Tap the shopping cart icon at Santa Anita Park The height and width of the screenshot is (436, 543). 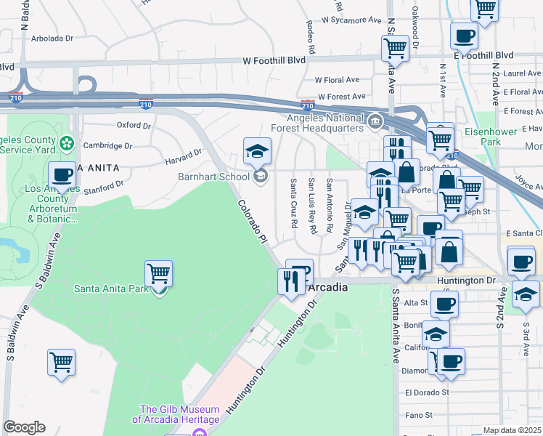[x=158, y=275]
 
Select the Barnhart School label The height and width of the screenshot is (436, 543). [x=214, y=177]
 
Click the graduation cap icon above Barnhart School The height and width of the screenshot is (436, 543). [x=256, y=152]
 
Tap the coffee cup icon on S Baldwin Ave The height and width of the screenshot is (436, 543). [x=62, y=175]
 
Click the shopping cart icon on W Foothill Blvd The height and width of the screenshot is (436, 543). [x=395, y=48]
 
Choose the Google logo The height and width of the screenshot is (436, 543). [x=24, y=427]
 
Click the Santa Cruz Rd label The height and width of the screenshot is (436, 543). [x=295, y=204]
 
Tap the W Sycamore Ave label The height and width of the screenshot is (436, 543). [x=352, y=20]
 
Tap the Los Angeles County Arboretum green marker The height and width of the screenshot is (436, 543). [x=68, y=142]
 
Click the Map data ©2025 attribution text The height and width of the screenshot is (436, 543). [x=512, y=430]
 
